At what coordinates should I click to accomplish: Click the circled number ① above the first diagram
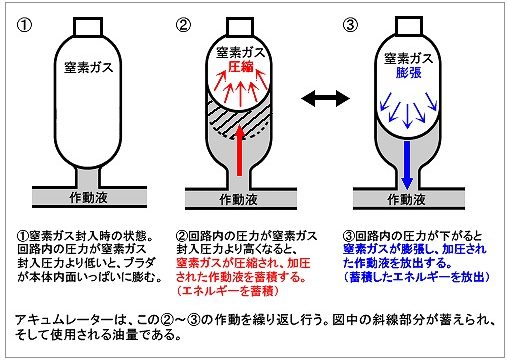pos(25,25)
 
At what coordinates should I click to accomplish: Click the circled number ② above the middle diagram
pos(183,25)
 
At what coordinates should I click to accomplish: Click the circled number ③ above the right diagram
pos(350,25)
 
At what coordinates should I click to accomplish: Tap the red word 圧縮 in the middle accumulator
pos(241,67)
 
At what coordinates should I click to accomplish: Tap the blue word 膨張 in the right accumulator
pos(409,72)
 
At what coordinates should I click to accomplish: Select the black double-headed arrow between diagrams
pos(325,98)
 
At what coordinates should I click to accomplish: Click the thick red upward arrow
pos(239,150)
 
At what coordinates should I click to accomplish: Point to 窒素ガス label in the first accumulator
pos(89,68)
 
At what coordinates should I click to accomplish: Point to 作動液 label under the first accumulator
pos(88,197)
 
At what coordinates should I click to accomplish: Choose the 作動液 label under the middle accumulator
pos(238,199)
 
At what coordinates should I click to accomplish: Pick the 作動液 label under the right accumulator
pos(406,199)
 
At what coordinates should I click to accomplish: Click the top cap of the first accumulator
pos(88,27)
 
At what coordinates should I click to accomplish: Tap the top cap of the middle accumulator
pos(240,27)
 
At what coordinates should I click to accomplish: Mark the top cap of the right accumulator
pos(409,26)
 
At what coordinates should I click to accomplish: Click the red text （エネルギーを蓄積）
pos(228,291)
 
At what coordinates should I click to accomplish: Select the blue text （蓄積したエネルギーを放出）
pos(417,277)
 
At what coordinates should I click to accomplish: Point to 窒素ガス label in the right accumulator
pos(409,58)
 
